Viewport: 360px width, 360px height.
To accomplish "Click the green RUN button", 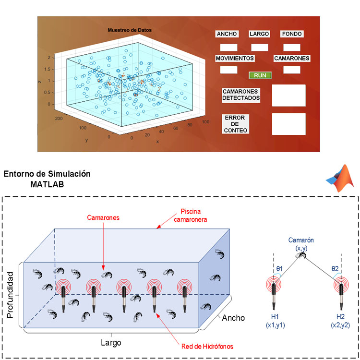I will click(260, 75).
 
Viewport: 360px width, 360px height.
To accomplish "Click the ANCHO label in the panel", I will click(227, 34).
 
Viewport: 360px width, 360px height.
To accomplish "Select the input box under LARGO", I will click(260, 48).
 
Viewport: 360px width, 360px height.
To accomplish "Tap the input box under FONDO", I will click(291, 48).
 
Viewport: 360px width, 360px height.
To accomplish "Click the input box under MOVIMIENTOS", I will click(228, 70).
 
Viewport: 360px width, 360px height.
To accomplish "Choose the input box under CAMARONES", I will click(291, 70).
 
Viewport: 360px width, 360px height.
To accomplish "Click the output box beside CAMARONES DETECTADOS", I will click(288, 95).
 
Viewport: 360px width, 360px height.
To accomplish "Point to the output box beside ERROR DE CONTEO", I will click(288, 124).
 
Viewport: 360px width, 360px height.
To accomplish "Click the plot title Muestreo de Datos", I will click(130, 30).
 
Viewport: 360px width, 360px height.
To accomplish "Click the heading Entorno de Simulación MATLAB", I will click(47, 179).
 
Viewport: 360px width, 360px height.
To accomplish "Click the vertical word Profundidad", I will click(11, 293).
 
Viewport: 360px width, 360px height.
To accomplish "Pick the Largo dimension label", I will click(111, 343).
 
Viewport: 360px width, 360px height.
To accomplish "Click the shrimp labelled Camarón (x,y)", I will click(302, 256).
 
